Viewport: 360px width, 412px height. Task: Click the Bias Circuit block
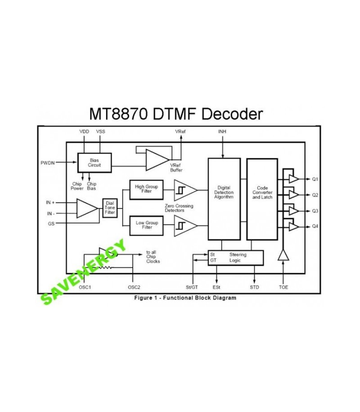coord(94,163)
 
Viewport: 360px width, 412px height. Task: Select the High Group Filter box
coord(146,190)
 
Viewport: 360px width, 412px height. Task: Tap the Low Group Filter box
coord(146,226)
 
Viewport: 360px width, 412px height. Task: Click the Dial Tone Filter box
coord(110,208)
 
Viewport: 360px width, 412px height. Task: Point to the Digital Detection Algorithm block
coord(224,198)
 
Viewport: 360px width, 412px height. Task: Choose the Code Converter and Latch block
coord(262,198)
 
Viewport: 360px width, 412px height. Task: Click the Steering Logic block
coord(236,258)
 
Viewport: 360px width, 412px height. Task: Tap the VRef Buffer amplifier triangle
coord(156,159)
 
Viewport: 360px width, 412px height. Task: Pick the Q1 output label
coord(315,179)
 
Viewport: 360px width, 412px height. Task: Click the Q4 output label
coord(315,226)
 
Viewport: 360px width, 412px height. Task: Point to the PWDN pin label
coord(48,163)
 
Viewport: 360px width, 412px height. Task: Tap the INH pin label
coord(222,132)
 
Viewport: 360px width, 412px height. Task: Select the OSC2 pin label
coord(134,287)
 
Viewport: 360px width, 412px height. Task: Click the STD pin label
coord(254,287)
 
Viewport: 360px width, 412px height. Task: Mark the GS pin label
coord(51,224)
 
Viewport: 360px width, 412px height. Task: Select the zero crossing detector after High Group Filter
coord(184,190)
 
